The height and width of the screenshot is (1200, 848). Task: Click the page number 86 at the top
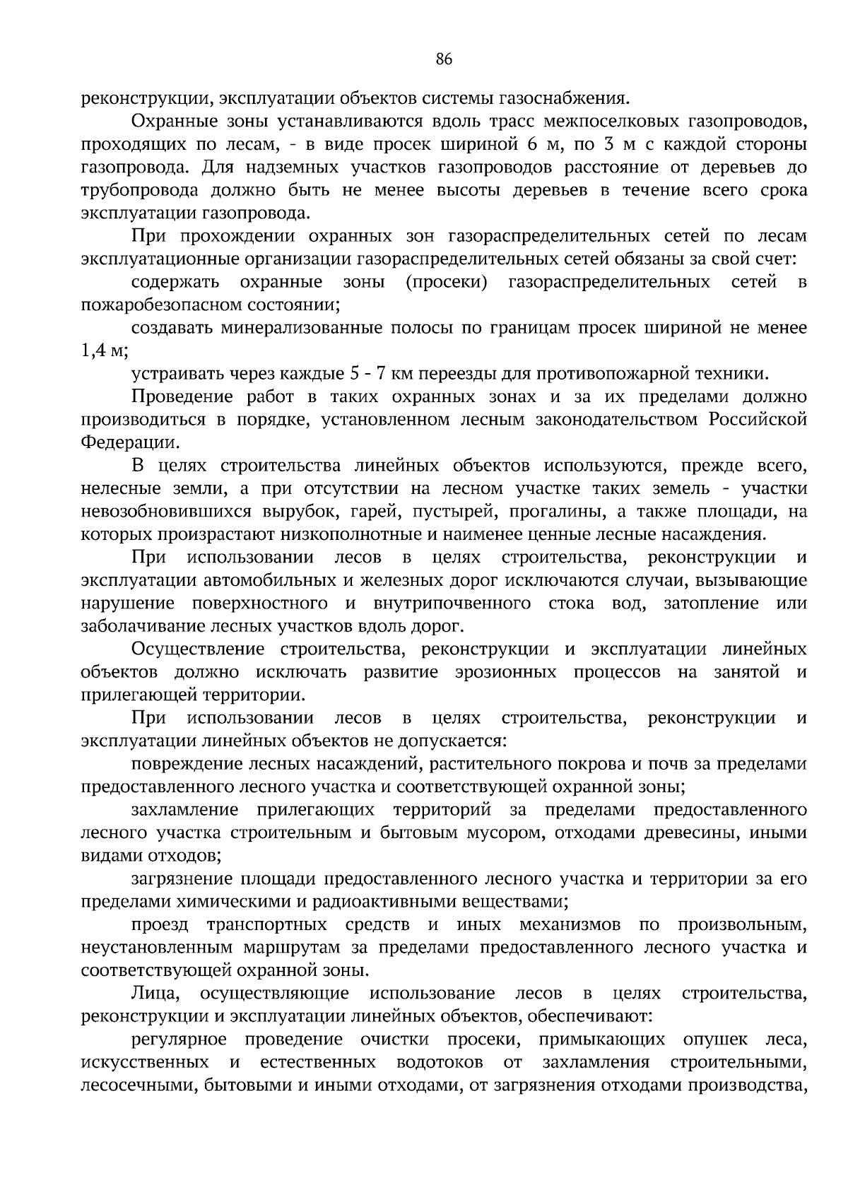click(x=444, y=59)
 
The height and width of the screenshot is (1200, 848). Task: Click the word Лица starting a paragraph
click(x=156, y=994)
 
